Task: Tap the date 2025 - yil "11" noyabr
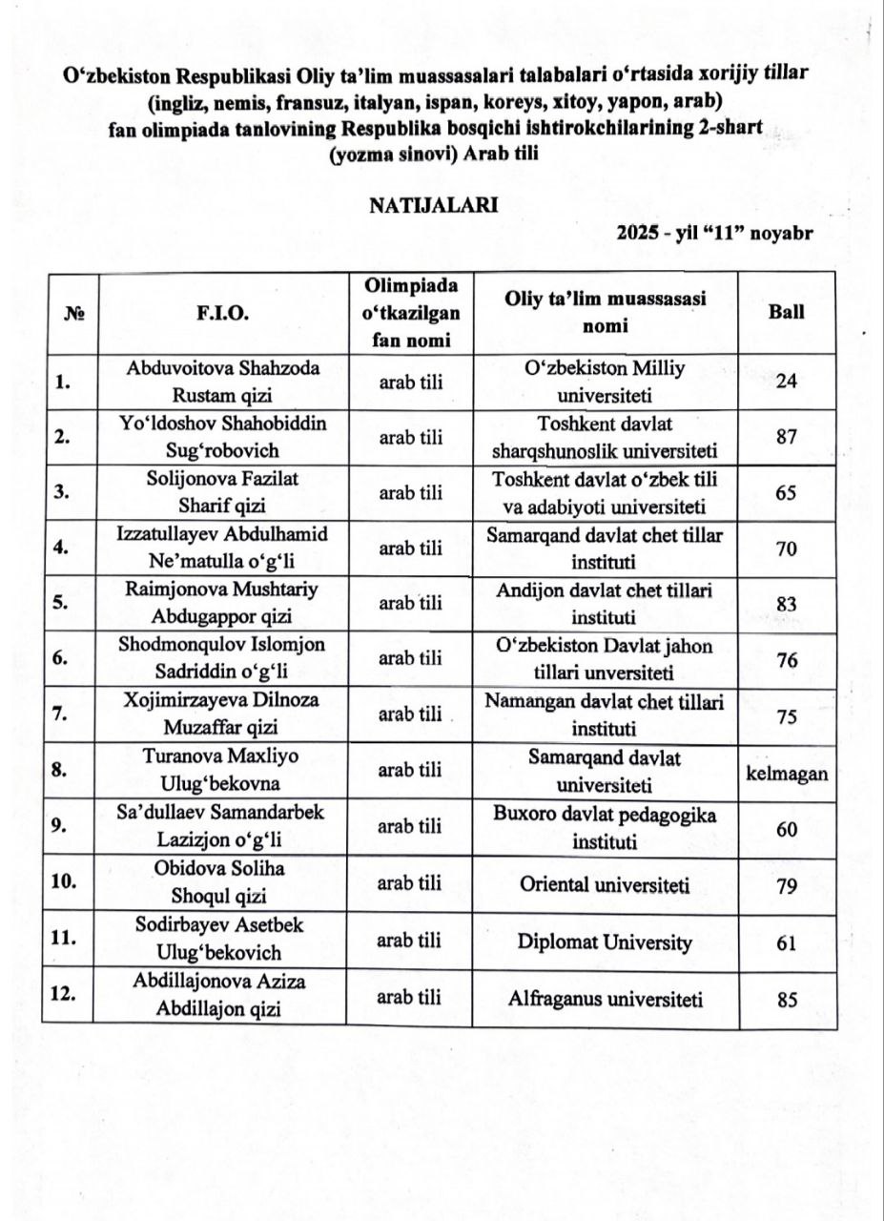[x=713, y=233]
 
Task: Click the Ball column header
[x=786, y=313]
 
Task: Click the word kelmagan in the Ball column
[x=787, y=773]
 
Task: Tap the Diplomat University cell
[x=605, y=942]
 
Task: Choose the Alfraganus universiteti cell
[x=605, y=999]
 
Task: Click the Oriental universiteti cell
[x=605, y=885]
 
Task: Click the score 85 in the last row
[x=787, y=1002]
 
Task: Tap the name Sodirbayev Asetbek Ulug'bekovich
[x=220, y=940]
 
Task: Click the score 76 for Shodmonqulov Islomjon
[x=787, y=661]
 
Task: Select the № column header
[x=70, y=314]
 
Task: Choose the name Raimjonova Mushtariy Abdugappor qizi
[x=220, y=602]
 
